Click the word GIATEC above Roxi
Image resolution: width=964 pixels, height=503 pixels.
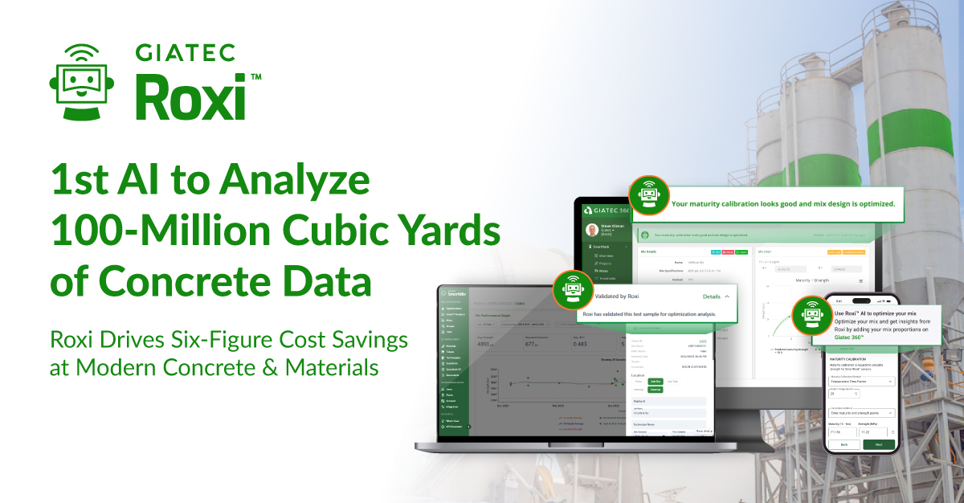tap(184, 53)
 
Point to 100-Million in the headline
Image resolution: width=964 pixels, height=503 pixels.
tap(153, 232)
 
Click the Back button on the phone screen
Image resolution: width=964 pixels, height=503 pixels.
tap(843, 444)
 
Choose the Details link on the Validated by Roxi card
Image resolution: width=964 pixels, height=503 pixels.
tap(712, 296)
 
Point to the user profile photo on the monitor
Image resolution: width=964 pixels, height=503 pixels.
tap(594, 231)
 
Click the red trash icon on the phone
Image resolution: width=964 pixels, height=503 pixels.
tap(892, 431)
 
